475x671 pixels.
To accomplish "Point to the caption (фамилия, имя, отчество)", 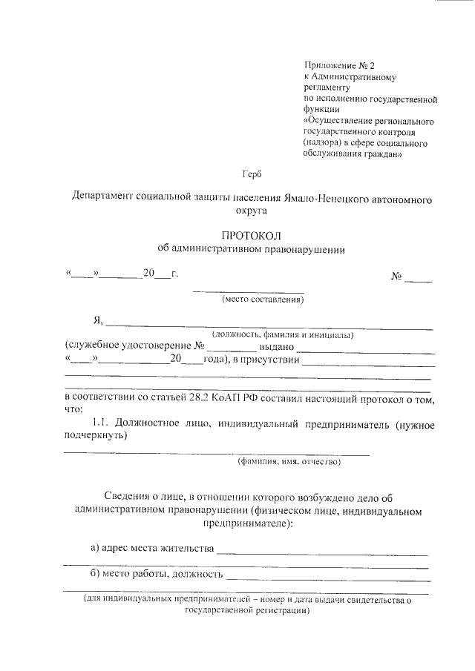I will (289, 462).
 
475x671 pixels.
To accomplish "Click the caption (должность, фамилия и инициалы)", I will (283, 334).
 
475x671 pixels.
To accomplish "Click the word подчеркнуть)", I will (96, 437).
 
